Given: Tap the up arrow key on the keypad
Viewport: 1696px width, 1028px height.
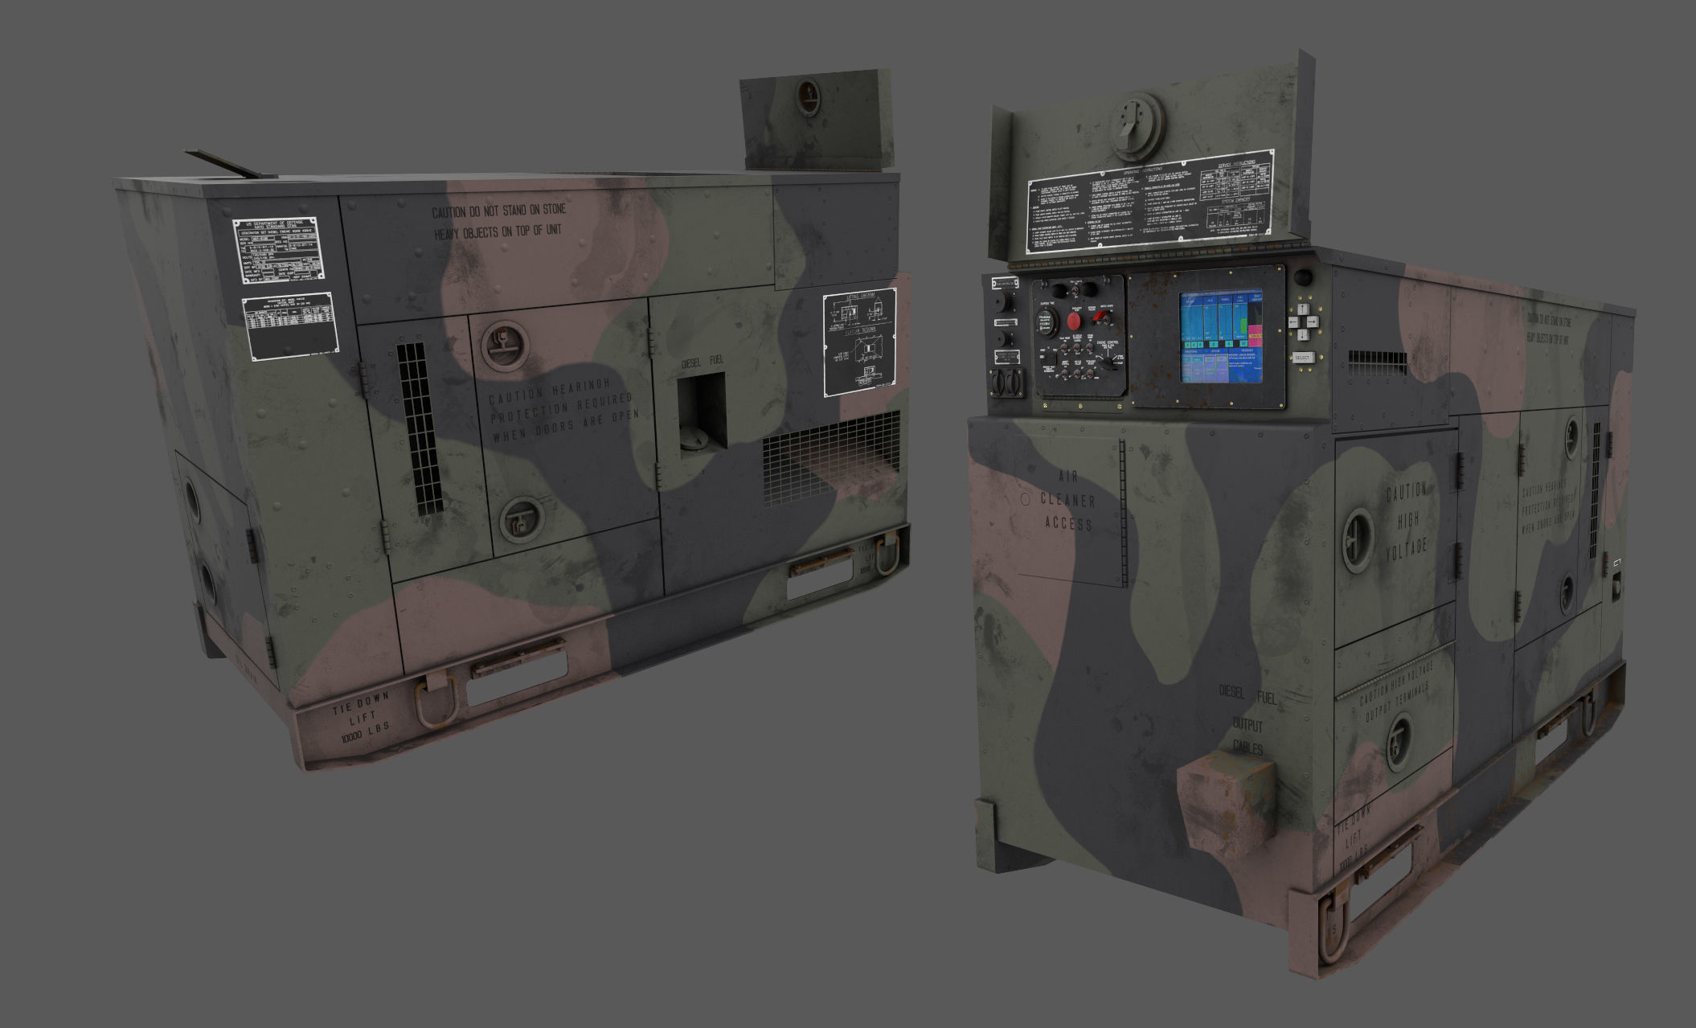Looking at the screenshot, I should click(1304, 309).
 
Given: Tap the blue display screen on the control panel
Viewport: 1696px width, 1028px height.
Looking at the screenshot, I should click(1220, 336).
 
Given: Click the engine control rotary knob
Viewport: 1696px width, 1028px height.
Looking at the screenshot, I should click(1107, 364).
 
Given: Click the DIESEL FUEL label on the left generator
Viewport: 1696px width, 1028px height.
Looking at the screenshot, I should click(702, 362).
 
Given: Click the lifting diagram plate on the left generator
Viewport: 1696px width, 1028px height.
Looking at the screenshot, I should click(858, 342).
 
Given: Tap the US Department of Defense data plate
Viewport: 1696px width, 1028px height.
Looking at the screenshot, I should click(279, 250).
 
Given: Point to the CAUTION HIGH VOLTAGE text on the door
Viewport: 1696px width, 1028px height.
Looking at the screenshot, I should click(1406, 520).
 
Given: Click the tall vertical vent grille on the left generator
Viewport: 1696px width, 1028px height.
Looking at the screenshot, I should click(420, 429).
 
